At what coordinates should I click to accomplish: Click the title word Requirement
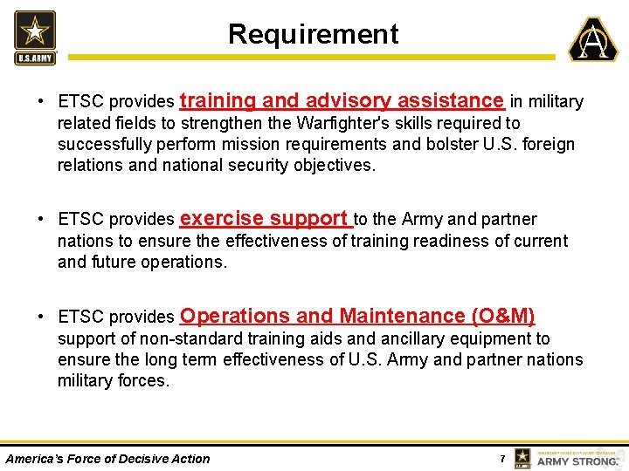tap(313, 34)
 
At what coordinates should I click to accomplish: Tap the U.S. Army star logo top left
tap(35, 37)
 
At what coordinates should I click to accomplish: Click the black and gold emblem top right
tap(593, 39)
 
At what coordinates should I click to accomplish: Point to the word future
tap(114, 261)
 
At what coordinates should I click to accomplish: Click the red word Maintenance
tap(403, 316)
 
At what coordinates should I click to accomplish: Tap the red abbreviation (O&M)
tap(502, 316)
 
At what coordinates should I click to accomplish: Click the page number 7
tap(502, 458)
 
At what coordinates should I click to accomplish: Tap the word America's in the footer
tap(34, 458)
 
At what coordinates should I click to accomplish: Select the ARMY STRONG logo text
tap(577, 460)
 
